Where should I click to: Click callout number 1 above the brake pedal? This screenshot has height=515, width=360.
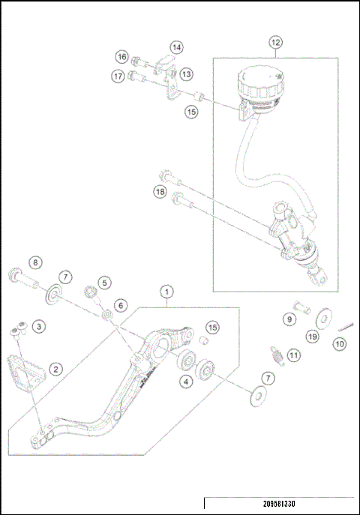click(166, 291)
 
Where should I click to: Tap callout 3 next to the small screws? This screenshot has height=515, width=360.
click(38, 325)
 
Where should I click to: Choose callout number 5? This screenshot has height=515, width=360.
click(104, 283)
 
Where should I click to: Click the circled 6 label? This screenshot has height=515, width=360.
click(120, 306)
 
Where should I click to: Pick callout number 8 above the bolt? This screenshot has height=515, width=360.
click(35, 262)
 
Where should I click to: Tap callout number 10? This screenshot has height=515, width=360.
click(339, 343)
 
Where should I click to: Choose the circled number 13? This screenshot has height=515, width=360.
click(186, 73)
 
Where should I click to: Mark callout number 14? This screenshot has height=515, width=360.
click(175, 47)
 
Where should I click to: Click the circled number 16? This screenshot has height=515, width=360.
click(121, 57)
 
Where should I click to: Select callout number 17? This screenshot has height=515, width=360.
click(118, 76)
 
